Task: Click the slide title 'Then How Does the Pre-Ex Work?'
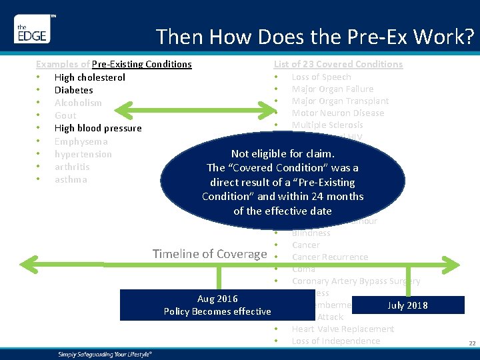(x=315, y=37)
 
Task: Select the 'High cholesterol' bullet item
(x=89, y=77)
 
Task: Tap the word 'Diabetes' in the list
(x=73, y=90)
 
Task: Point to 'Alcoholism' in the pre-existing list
(x=78, y=103)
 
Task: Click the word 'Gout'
(x=65, y=115)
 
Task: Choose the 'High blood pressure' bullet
(x=98, y=128)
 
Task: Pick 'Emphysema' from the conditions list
(x=81, y=141)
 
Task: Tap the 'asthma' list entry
(x=71, y=179)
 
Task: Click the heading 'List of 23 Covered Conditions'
(x=338, y=64)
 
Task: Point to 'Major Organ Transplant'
(x=340, y=101)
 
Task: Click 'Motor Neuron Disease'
(x=337, y=113)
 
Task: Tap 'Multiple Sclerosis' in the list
(x=327, y=125)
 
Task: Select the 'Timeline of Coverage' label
(x=209, y=253)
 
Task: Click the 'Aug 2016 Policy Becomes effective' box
(x=217, y=305)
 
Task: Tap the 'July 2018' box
(x=407, y=305)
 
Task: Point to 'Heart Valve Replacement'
(x=343, y=329)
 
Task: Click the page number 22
(x=471, y=343)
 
